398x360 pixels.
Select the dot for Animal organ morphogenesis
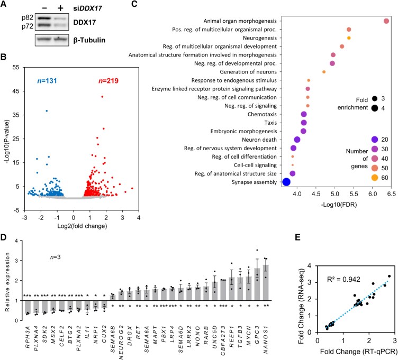[386, 21]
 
